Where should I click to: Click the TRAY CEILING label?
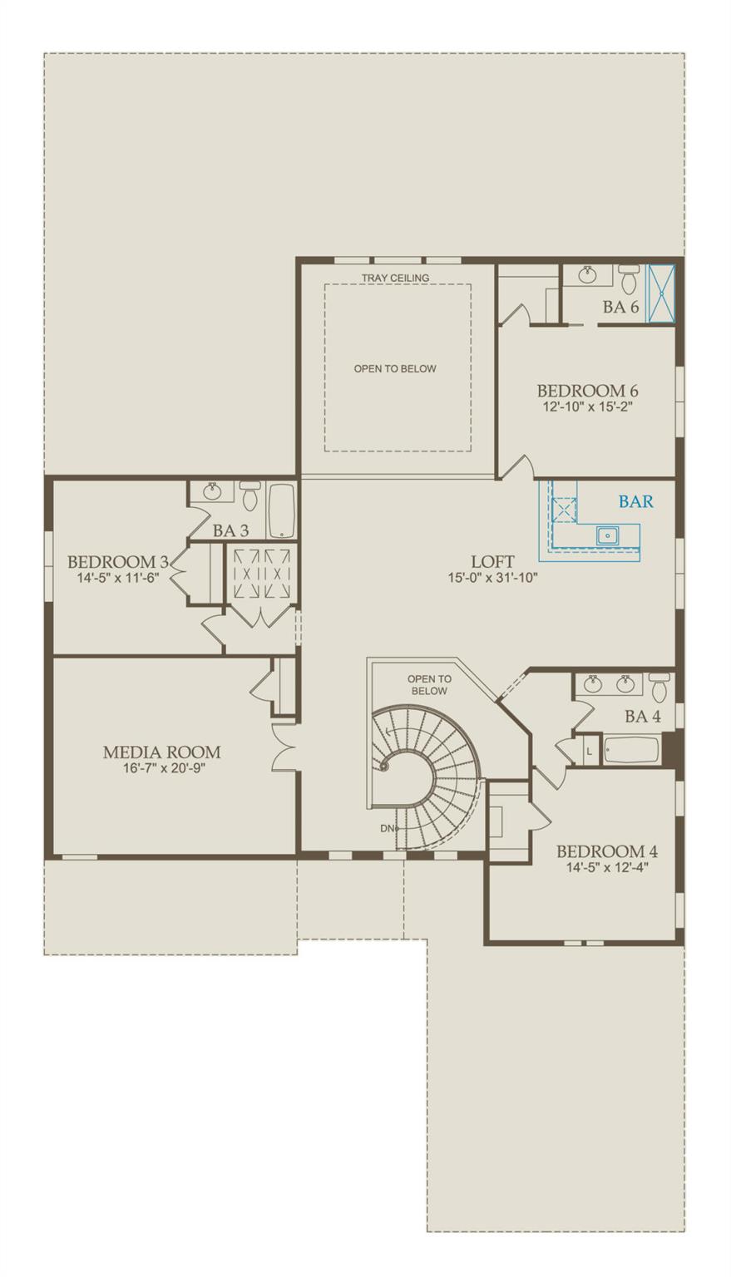pyautogui.click(x=395, y=278)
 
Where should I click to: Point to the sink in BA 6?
pyautogui.click(x=588, y=275)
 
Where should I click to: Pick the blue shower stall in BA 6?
pyautogui.click(x=661, y=293)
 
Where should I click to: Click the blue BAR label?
pyautogui.click(x=635, y=502)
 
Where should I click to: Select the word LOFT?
pyautogui.click(x=492, y=562)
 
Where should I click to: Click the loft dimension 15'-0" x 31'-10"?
pyautogui.click(x=492, y=577)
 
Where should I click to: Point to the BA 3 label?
pyautogui.click(x=230, y=530)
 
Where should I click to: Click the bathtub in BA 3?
pyautogui.click(x=281, y=510)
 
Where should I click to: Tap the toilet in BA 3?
pyautogui.click(x=249, y=496)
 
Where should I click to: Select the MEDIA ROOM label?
pyautogui.click(x=161, y=752)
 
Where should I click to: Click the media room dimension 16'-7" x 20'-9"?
pyautogui.click(x=161, y=768)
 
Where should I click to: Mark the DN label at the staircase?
pyautogui.click(x=388, y=828)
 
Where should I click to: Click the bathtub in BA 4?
pyautogui.click(x=631, y=751)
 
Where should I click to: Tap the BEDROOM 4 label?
pyautogui.click(x=606, y=851)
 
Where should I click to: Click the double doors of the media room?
pyautogui.click(x=285, y=746)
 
